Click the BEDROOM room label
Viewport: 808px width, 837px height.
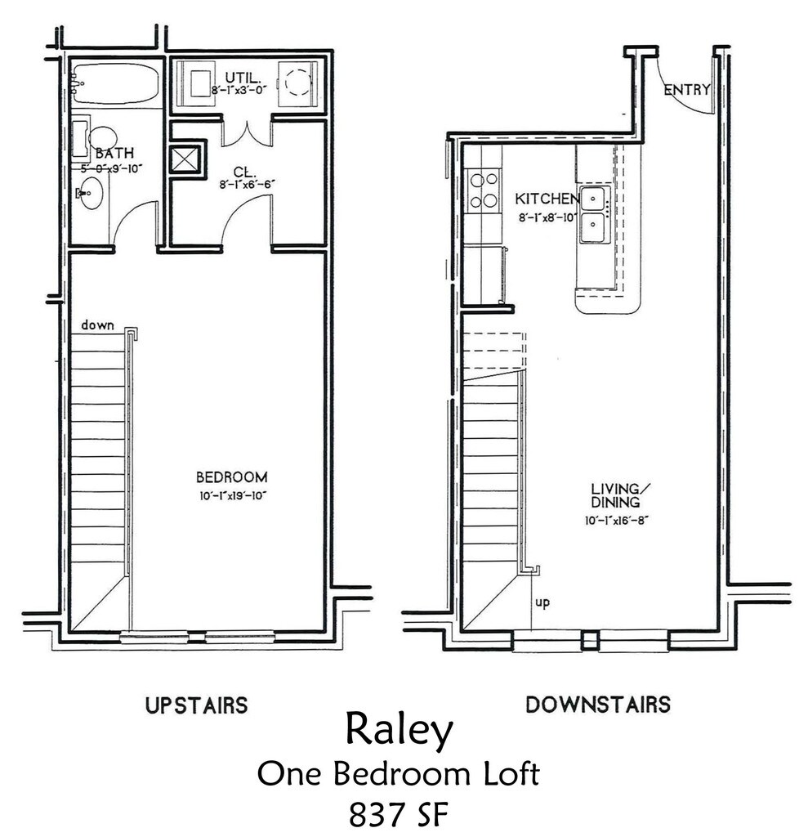point(231,477)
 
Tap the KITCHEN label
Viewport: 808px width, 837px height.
point(547,199)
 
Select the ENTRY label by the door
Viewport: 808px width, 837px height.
point(686,90)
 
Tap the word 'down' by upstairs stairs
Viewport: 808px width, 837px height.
point(97,325)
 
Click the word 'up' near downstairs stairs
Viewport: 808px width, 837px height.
point(542,603)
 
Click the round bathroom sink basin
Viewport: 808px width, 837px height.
point(92,194)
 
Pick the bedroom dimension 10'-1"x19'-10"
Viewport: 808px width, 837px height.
point(232,495)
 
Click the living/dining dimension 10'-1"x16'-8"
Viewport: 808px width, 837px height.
point(615,518)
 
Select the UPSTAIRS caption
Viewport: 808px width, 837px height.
point(196,705)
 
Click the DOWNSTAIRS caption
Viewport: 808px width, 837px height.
point(598,704)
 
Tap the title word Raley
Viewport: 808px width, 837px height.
point(398,731)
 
